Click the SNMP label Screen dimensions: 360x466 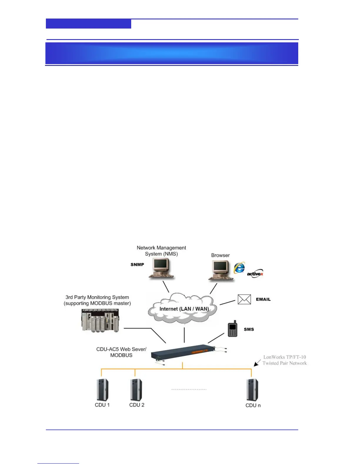137,264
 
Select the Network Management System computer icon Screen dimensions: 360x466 161,268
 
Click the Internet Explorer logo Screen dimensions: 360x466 239,268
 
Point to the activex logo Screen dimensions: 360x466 255,274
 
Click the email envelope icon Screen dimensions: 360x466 244,299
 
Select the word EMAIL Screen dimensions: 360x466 263,299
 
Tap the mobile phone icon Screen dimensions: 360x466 233,329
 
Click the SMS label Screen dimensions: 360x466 249,329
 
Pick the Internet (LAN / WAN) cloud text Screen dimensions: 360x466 184,309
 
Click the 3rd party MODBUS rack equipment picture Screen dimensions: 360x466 100,320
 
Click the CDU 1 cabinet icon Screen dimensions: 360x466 102,390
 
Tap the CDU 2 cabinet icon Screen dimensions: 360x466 136,390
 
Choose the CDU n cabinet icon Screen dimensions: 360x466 252,390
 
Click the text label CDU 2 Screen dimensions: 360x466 137,405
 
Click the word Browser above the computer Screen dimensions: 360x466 220,255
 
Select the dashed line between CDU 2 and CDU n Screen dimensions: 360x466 189,389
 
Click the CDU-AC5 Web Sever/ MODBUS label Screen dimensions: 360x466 121,352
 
